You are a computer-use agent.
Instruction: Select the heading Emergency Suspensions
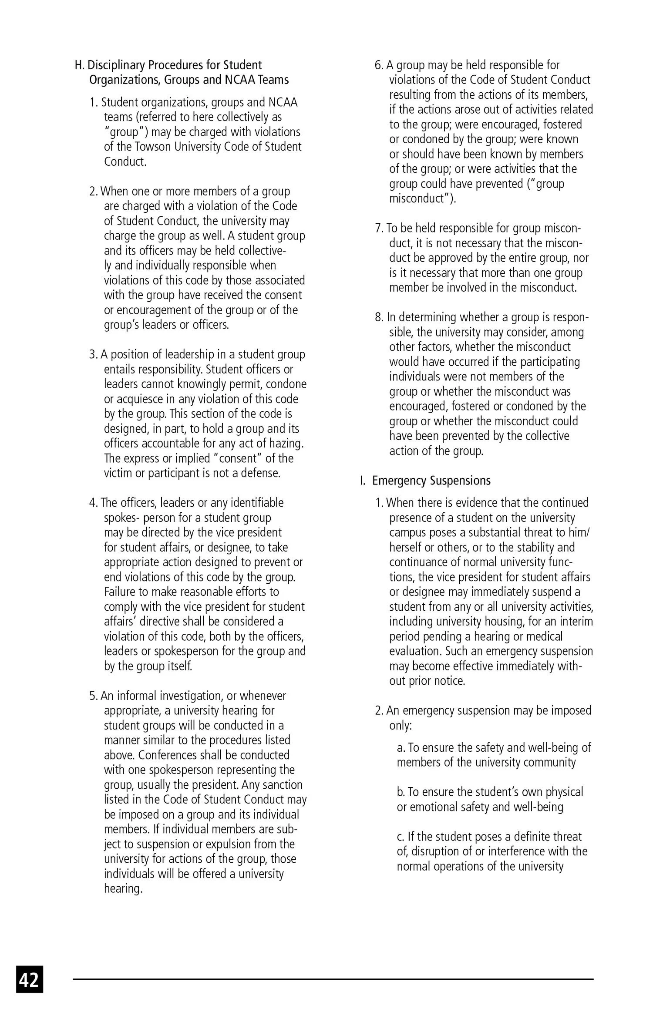(431, 481)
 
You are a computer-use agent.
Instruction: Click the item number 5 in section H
(93, 696)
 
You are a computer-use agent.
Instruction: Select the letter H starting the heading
(79, 65)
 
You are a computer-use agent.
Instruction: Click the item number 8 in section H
(378, 317)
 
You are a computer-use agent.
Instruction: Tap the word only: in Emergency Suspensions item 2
(400, 726)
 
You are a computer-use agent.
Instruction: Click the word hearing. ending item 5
(123, 889)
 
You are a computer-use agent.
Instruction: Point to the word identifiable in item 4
(257, 503)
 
